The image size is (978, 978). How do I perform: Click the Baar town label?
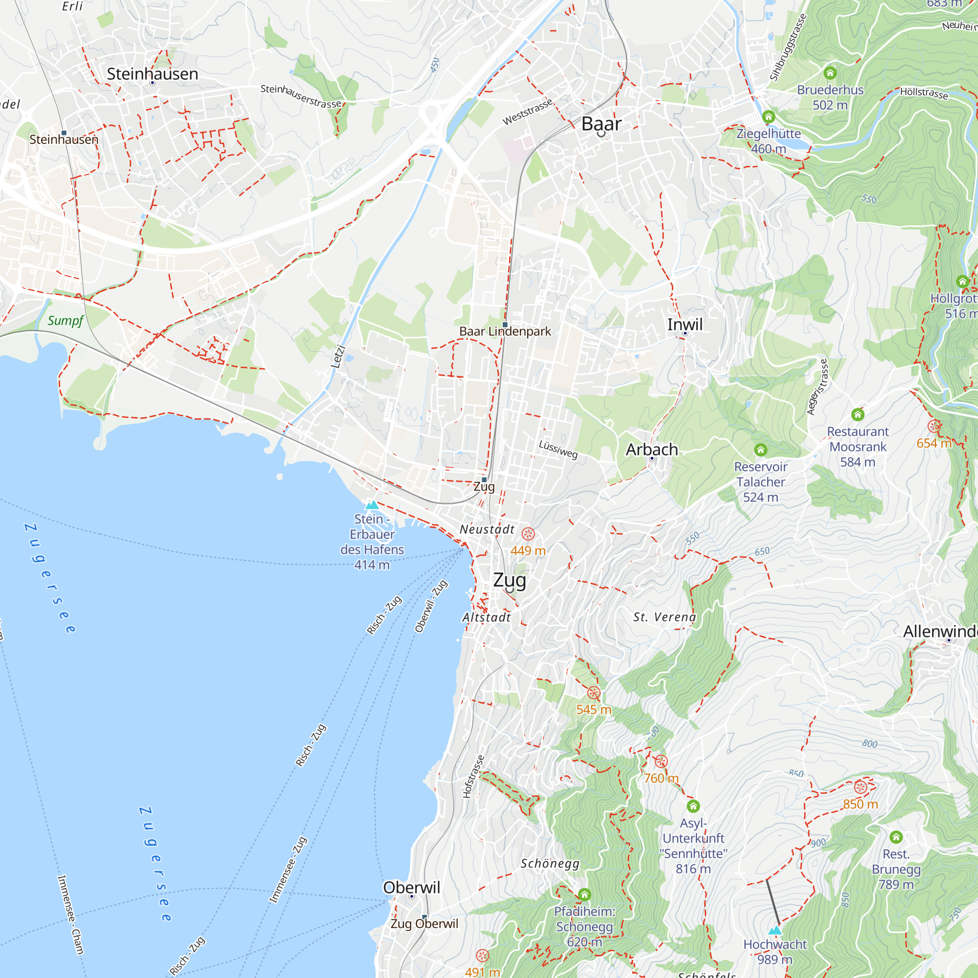(x=601, y=124)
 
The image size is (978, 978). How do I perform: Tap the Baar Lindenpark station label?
(x=505, y=331)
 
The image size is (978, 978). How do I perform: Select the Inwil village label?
(x=685, y=325)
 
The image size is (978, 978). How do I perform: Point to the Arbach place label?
(x=651, y=449)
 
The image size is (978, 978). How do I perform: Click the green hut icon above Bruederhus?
(x=830, y=73)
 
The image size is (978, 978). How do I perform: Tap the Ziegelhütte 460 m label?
(x=768, y=141)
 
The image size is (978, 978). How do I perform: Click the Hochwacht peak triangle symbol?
(x=775, y=931)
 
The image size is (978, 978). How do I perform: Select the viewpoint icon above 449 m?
(x=528, y=534)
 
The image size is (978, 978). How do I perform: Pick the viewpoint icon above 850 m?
(x=860, y=787)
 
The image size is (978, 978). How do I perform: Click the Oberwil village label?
(x=411, y=888)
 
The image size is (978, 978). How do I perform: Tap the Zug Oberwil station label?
(x=424, y=924)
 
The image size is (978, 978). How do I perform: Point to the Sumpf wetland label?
(x=66, y=320)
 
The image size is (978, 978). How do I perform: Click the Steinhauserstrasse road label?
(x=301, y=96)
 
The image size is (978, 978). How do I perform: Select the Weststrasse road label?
(x=527, y=112)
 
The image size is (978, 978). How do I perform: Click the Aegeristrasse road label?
(x=817, y=387)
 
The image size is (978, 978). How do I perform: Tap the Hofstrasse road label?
(x=473, y=777)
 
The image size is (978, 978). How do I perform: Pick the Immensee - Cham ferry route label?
(x=70, y=915)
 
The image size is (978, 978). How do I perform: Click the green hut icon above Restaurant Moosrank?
(x=857, y=415)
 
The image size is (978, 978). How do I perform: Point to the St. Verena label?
(x=664, y=617)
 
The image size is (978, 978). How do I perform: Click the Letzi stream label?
(x=337, y=357)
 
